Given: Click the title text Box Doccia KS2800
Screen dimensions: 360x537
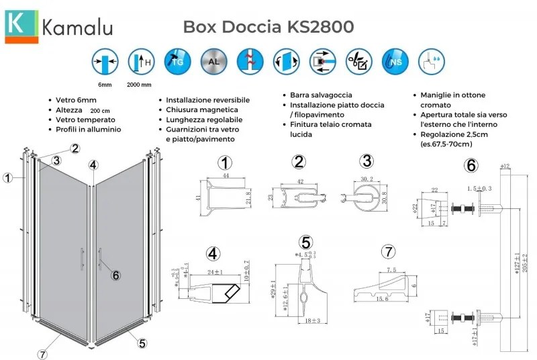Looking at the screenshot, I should point(268,26).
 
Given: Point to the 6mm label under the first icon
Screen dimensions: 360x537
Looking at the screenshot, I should point(104,84).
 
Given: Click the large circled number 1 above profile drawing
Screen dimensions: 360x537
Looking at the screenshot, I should point(226,162).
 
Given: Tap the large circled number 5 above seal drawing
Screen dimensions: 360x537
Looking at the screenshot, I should point(306,242).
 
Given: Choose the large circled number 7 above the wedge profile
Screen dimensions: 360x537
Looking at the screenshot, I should point(387,253).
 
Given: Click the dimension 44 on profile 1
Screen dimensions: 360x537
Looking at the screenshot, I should point(227,175).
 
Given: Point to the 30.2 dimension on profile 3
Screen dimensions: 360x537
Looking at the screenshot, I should point(366,179).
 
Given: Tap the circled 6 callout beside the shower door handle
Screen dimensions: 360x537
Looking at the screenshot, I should point(115,275).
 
